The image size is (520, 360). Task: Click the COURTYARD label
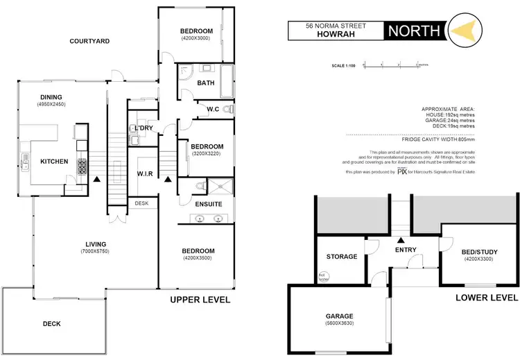89,42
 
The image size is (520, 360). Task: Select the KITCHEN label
54,162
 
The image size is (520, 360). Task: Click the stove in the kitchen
82,166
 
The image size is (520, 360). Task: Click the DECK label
51,324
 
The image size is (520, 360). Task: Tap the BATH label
206,83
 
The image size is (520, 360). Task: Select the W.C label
214,110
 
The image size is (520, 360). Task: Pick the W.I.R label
145,173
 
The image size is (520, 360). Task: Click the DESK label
141,203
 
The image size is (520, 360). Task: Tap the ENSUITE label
208,204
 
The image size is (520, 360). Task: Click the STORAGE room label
342,257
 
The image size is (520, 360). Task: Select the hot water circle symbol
322,277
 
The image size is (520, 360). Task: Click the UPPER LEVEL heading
200,300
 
